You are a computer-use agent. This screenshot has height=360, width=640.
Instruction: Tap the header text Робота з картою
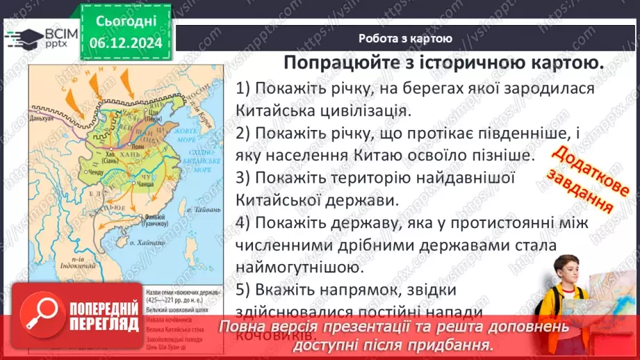pos(406,39)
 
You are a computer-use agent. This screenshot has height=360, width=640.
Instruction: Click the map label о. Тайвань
pos(205,209)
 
